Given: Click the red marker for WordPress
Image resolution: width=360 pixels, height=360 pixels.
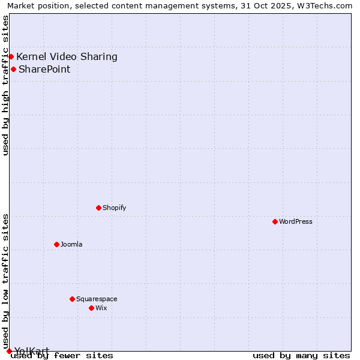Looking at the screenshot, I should click(x=275, y=221).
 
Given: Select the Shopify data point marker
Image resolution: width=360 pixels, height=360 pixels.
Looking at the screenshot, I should click(x=98, y=208).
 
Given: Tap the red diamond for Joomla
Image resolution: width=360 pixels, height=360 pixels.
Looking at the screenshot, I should click(x=56, y=244).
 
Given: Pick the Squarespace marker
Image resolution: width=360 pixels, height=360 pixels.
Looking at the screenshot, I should click(x=72, y=299).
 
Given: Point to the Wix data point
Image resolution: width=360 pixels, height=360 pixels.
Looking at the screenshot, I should click(x=91, y=308).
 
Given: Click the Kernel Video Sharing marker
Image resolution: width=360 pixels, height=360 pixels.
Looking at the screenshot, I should click(x=11, y=56).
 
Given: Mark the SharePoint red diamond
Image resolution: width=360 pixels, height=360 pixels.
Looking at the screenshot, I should click(x=13, y=69).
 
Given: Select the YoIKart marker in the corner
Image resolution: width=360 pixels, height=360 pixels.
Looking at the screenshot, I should click(x=9, y=351).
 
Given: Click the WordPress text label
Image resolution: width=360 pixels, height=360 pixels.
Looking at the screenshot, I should click(x=295, y=221).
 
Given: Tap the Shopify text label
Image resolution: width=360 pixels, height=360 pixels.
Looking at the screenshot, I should click(x=114, y=208).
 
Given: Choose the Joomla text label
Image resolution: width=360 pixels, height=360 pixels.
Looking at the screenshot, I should click(x=71, y=244).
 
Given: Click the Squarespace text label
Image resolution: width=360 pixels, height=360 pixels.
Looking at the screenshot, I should click(x=97, y=299).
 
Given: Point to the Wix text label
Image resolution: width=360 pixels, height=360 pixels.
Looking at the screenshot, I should click(x=101, y=308).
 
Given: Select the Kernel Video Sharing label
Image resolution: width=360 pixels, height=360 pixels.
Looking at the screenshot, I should click(x=67, y=57).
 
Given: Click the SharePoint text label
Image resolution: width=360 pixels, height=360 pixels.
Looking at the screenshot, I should click(x=44, y=70).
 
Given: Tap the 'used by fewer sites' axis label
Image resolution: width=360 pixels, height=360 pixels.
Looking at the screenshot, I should click(x=62, y=355).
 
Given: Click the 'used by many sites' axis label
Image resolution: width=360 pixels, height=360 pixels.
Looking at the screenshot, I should click(x=301, y=355).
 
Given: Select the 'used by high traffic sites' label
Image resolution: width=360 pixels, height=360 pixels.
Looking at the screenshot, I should click(x=5, y=85).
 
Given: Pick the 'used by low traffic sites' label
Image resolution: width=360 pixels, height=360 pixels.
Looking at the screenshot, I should click(x=5, y=281).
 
